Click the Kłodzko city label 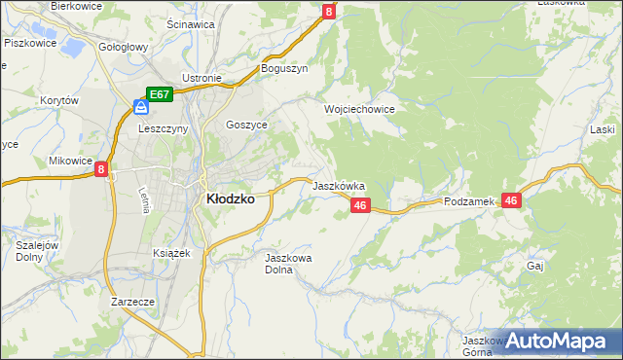coord(230,198)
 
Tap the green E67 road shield coord(160,94)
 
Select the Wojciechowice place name coord(359,110)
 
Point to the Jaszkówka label coord(338,185)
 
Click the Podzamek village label coord(469,201)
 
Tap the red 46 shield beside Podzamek coord(513,199)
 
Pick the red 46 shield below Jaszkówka coord(360,205)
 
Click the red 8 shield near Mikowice coord(101,169)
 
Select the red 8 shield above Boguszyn coord(328,12)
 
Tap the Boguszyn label coord(284,68)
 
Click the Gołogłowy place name coord(124,47)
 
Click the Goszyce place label coord(245,125)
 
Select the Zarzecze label coord(133,302)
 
